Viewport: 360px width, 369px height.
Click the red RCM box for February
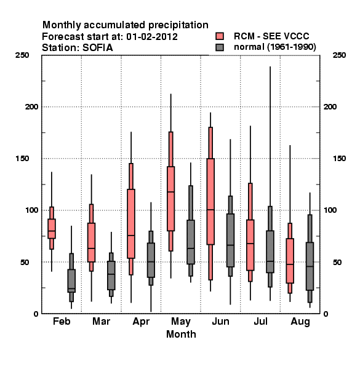(52, 229)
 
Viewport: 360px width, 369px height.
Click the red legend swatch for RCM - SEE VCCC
(220, 36)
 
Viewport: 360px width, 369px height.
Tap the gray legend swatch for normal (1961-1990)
(220, 47)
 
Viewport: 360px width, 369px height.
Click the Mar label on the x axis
(102, 321)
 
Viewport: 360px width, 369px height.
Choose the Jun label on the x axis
(220, 321)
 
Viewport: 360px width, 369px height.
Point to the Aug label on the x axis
(300, 322)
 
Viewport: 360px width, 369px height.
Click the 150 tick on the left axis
(22, 159)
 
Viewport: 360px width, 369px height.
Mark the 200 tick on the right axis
(330, 106)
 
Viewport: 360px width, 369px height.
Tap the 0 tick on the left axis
(36, 314)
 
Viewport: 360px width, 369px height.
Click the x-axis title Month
(181, 334)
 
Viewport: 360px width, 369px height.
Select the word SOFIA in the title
(98, 48)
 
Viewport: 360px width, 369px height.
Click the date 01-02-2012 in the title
(152, 37)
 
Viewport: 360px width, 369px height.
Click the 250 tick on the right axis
(339, 55)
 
